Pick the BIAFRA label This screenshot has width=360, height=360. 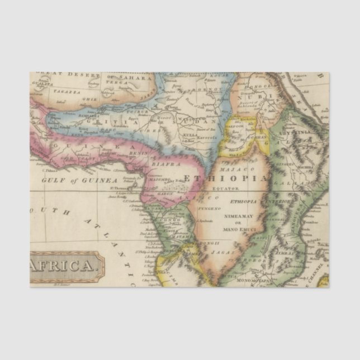coord(167,165)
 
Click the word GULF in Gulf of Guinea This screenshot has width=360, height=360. coord(54,181)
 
